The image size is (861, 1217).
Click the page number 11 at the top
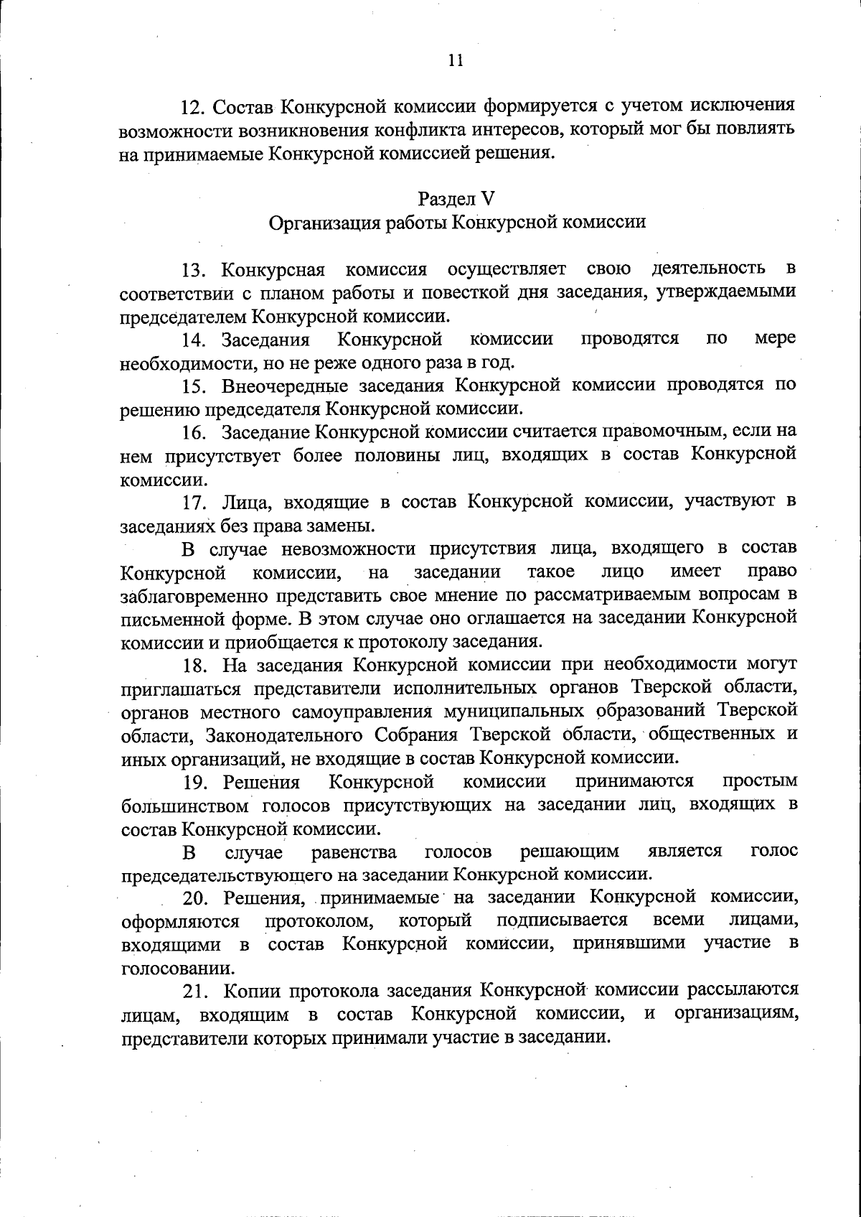pos(456,61)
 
